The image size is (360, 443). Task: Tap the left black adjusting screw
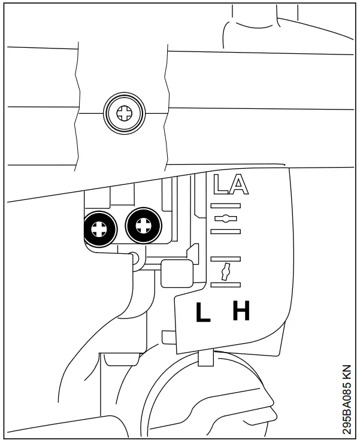99,227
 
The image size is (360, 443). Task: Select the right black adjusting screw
143,226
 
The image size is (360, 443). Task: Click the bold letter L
204,312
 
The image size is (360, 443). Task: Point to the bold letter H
241,311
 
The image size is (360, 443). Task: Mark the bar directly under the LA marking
226,205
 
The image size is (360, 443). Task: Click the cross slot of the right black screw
143,226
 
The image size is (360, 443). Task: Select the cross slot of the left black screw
99,227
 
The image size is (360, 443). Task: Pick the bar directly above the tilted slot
226,259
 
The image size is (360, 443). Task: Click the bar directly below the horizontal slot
226,229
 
